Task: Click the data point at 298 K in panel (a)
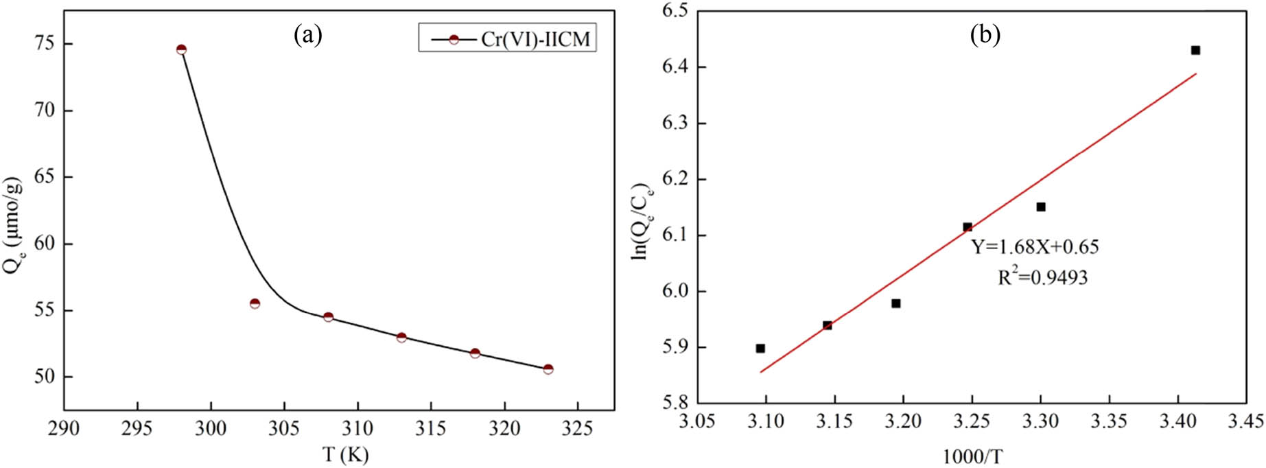(x=181, y=49)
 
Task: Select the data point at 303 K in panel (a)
(x=255, y=303)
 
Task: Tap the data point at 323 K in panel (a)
(x=548, y=369)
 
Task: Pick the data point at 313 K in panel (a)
(x=401, y=337)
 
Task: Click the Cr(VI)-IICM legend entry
(x=508, y=38)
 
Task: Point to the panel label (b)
(x=985, y=34)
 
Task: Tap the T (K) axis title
(x=345, y=454)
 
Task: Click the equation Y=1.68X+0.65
(x=1035, y=247)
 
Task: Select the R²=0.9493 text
(x=1042, y=277)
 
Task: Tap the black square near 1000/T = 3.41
(x=1195, y=50)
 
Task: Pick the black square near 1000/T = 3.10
(x=760, y=348)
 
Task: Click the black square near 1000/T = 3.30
(x=1041, y=207)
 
